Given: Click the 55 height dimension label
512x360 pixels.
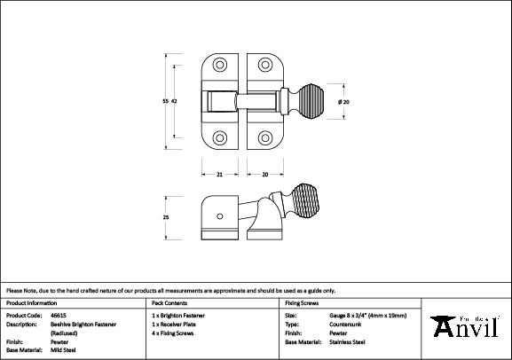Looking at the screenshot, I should (165, 102).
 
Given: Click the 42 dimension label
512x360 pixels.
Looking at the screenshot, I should (174, 102).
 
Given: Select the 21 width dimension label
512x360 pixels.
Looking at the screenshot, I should (219, 174).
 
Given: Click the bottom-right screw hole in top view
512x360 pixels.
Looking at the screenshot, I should (266, 138).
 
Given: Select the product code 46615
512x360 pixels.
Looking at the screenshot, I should (59, 315).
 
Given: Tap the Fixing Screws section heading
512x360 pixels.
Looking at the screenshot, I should (303, 302).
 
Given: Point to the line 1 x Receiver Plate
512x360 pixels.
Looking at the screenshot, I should (179, 324).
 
